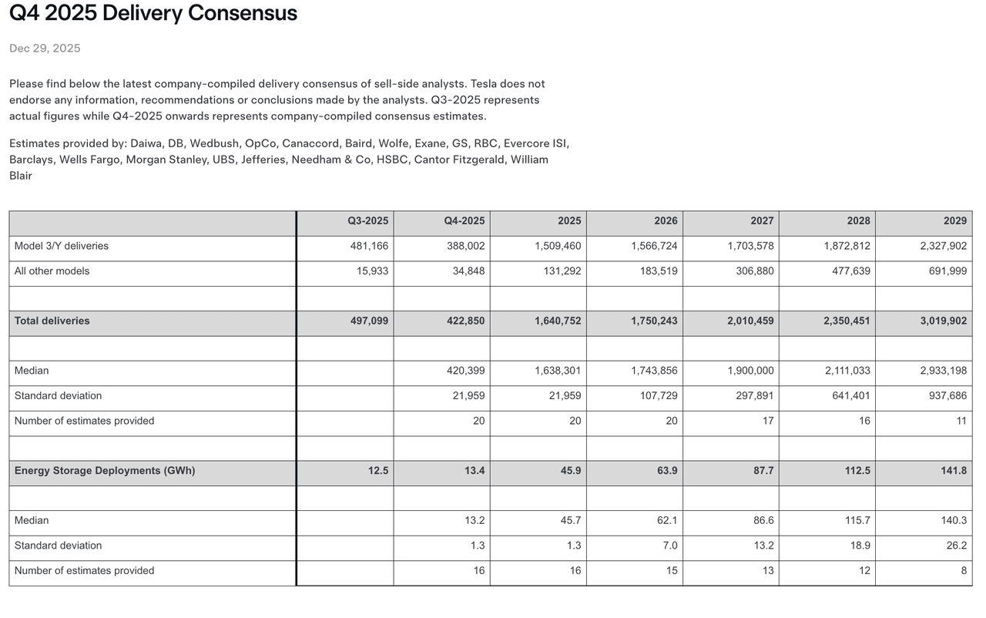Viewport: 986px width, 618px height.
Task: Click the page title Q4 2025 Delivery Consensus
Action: coord(153,13)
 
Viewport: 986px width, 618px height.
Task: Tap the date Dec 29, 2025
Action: coord(45,49)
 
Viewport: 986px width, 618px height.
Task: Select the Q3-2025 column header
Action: coord(367,221)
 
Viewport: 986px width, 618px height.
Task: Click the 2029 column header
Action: coord(954,221)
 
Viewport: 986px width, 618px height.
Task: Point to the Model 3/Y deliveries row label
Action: coord(62,246)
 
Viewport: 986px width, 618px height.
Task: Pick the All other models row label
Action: coord(52,271)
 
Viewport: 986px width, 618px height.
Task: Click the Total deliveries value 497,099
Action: coord(369,321)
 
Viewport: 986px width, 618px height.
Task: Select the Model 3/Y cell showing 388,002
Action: coord(465,246)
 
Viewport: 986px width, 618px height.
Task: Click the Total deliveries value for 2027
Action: coord(750,321)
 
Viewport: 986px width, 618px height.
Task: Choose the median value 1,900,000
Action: coord(750,371)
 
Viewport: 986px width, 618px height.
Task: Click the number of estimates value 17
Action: coord(767,421)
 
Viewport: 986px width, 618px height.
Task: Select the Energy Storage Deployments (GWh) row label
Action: coord(105,471)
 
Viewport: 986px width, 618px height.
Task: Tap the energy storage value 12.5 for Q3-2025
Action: coord(378,471)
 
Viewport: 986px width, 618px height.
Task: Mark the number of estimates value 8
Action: coord(961,571)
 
